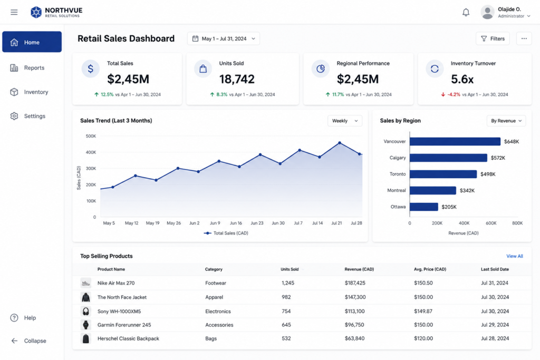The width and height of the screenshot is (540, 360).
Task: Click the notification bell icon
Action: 466,13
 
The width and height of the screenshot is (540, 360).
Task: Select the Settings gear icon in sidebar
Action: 14,116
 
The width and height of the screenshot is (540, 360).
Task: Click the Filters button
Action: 493,38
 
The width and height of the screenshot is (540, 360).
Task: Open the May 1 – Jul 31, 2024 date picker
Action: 224,38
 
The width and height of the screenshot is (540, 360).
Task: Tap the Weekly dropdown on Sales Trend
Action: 345,121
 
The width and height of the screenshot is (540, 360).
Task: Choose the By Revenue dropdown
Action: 506,121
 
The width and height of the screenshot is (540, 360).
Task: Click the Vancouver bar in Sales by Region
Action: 455,141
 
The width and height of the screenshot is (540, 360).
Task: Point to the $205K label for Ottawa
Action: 449,207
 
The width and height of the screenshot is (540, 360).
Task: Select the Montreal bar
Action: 433,190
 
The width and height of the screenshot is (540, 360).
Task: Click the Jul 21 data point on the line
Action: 340,143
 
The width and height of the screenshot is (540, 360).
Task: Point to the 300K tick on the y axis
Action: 91,168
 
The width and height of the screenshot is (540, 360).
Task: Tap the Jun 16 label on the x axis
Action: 236,223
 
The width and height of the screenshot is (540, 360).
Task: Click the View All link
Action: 515,256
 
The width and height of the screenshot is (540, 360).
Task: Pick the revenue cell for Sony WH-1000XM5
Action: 354,311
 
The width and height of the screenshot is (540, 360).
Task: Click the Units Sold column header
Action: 290,269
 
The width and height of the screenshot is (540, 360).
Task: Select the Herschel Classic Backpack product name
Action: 128,338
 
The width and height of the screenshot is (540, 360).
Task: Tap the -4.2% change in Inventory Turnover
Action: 454,94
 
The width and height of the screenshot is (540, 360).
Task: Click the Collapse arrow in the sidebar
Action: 14,340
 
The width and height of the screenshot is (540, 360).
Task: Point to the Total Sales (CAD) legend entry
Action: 226,233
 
